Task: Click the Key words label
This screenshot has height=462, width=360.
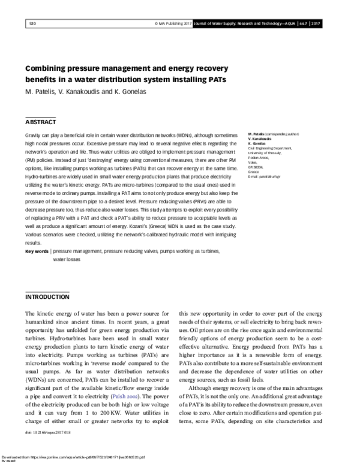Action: (37, 251)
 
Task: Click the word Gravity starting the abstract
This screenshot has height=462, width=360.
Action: (34, 137)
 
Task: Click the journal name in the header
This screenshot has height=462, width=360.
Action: (251, 24)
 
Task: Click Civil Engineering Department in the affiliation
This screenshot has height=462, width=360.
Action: (269, 148)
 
